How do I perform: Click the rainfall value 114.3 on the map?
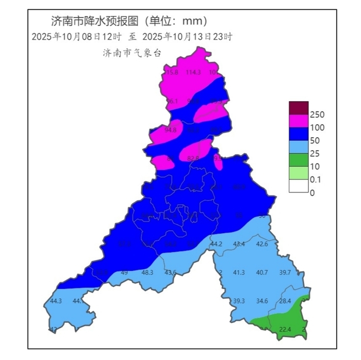coord(193,73)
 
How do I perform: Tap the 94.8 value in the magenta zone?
coord(170,130)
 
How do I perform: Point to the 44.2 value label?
coord(216,244)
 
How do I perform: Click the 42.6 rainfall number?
coord(262,244)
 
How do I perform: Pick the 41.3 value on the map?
coord(239,272)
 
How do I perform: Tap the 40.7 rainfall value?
coord(262,272)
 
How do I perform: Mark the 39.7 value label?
coord(285,272)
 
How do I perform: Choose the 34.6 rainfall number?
coord(262,301)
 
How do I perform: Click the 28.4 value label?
coord(285,301)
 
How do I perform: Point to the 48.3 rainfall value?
coord(147,272)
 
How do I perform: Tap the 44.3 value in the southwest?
coord(56,301)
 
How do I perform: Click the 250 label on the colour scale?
coord(317,114)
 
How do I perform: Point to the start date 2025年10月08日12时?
coord(76,37)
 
